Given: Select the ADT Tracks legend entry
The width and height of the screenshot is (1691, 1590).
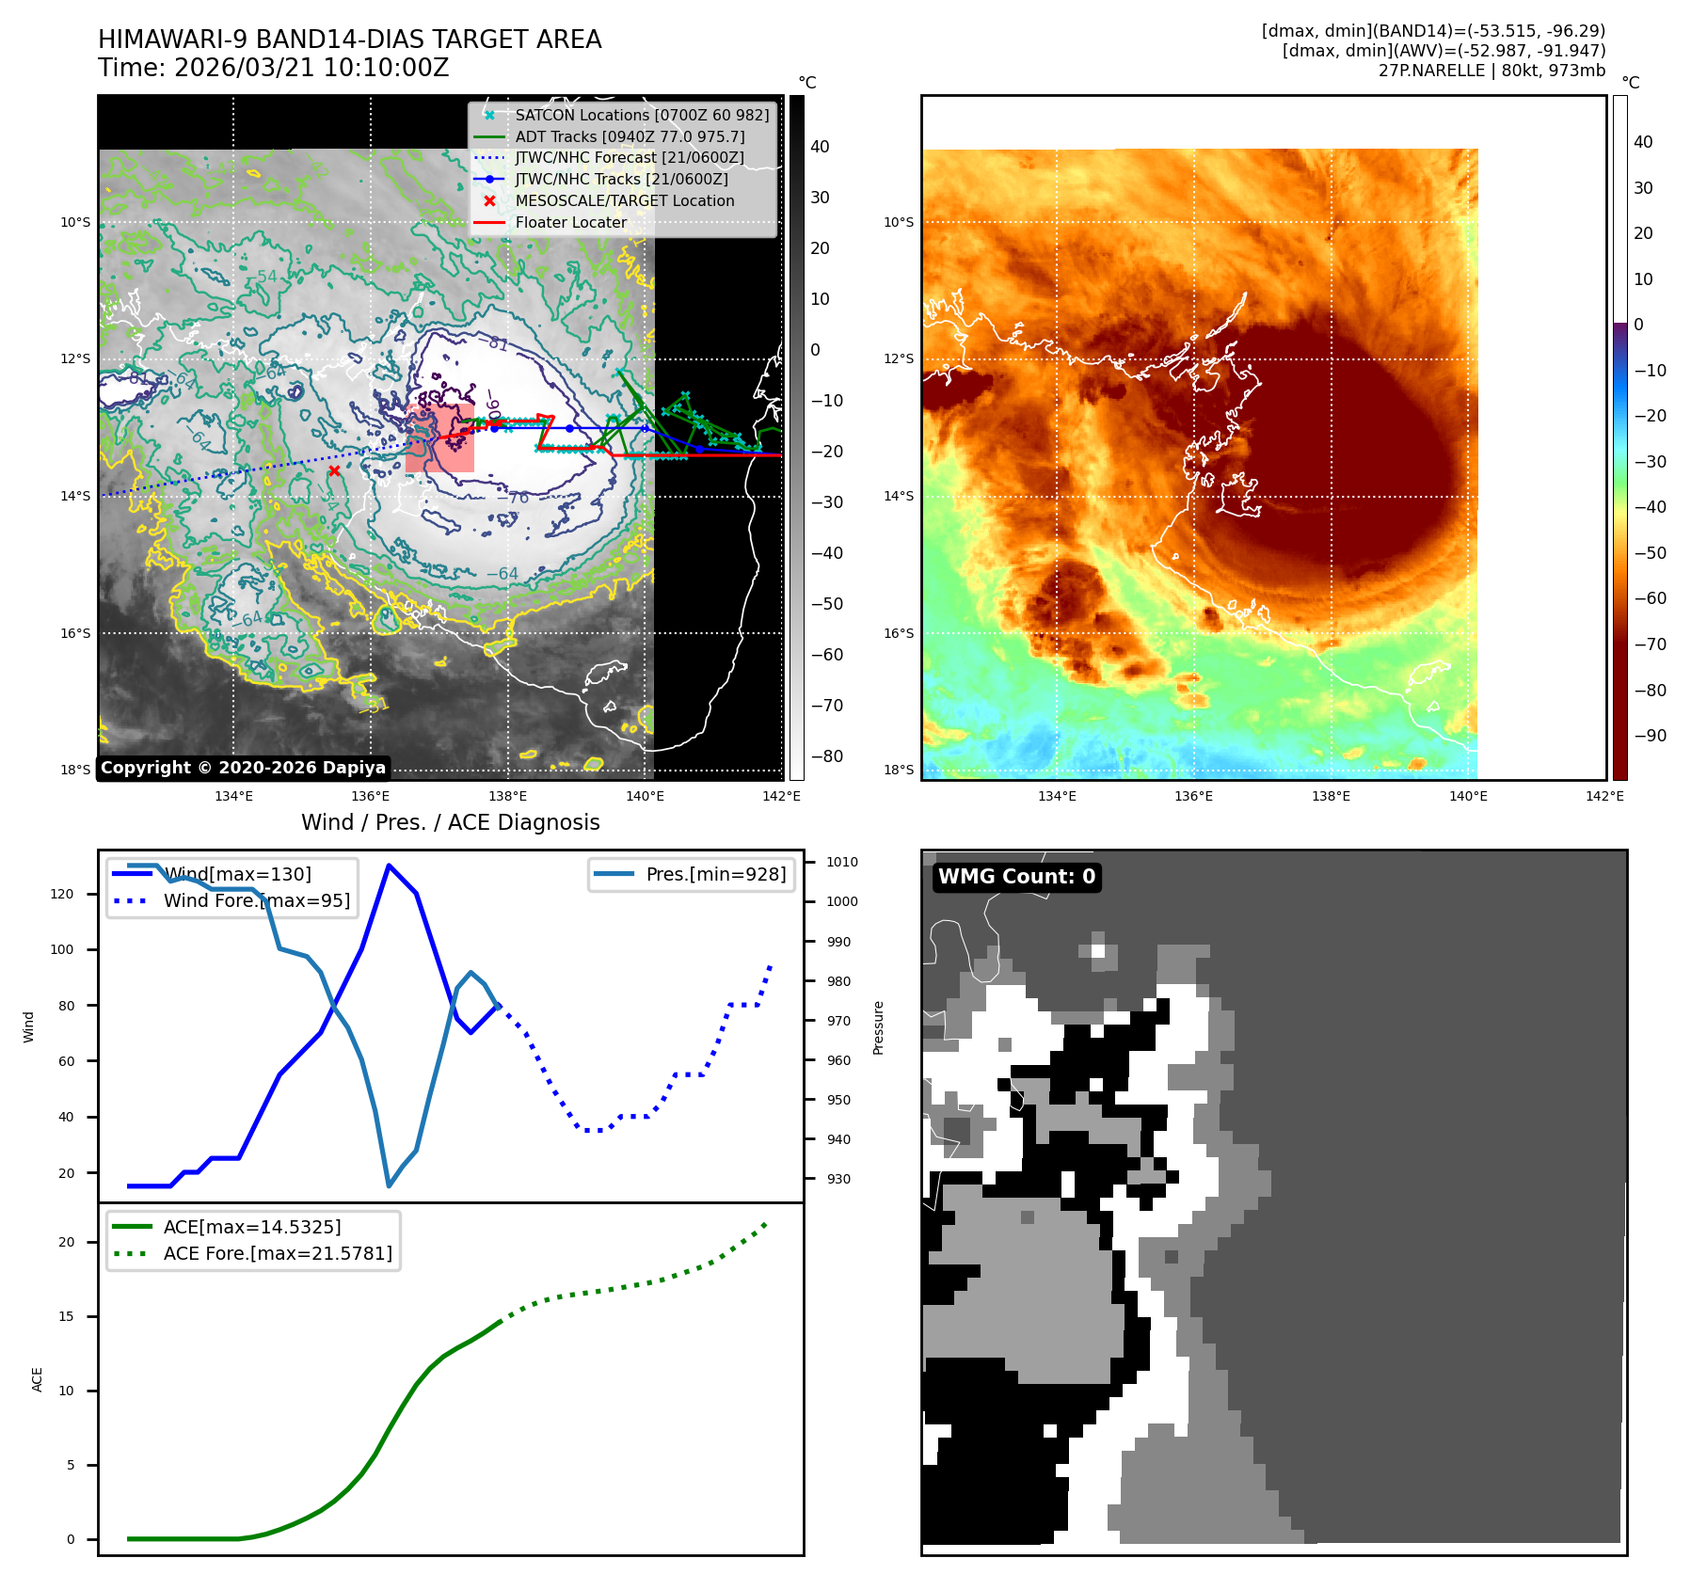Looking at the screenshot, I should point(630,136).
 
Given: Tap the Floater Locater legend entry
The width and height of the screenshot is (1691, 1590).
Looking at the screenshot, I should point(570,223).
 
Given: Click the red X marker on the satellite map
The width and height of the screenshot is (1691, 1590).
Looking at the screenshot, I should point(334,470).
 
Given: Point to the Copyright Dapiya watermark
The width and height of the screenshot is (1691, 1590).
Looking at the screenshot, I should point(243,768).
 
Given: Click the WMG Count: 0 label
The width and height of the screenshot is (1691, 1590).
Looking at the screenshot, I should point(1016,877).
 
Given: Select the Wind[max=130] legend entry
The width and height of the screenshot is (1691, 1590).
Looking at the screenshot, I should point(237,874).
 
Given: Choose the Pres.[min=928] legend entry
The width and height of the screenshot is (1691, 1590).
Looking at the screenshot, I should point(715,874).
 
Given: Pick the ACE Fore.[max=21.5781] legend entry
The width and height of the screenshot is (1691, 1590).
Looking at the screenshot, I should point(278,1253).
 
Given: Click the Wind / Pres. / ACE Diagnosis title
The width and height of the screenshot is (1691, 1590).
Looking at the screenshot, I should point(450,822).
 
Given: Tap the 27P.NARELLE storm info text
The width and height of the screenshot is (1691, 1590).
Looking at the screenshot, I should point(1492,71).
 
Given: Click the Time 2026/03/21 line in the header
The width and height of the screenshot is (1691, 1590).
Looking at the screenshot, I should point(273,68).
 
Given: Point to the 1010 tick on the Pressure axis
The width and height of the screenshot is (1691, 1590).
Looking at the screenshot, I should point(842,862).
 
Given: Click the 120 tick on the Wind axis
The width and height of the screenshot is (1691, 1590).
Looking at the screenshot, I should point(62,894).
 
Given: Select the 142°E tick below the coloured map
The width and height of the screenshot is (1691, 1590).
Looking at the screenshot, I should point(1604,796).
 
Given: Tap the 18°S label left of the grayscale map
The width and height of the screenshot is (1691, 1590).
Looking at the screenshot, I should point(75,770).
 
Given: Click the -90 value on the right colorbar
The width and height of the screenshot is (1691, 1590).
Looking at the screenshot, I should point(1650,736).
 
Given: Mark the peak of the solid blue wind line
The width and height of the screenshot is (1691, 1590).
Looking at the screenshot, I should point(389,865).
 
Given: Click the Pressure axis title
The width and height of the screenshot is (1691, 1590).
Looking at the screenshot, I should point(878,1027).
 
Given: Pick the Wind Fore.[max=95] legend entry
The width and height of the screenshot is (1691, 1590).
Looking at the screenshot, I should point(256,900).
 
